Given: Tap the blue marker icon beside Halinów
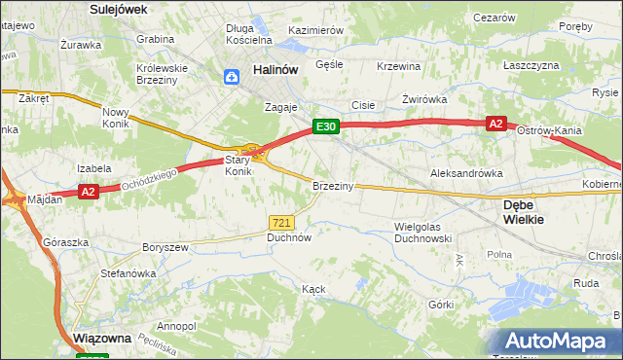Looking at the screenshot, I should click(233, 77).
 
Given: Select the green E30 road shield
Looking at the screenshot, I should click(325, 126).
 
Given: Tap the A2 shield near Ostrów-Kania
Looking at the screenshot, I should click(495, 124).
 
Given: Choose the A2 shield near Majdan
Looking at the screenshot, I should click(88, 192).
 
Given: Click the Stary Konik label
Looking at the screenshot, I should click(238, 164).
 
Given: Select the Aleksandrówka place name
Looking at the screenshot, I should click(466, 172).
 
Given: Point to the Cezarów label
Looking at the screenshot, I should click(493, 18).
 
